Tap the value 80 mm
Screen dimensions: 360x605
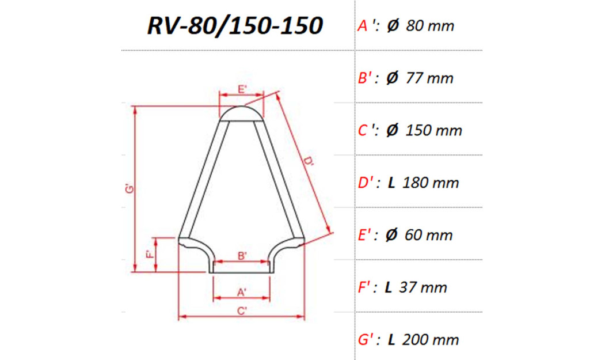(x=429, y=26)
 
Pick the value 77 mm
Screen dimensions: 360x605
(x=429, y=78)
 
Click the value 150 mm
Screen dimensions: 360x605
(x=433, y=131)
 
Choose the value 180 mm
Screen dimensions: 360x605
(x=431, y=183)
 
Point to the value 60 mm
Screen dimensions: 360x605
(x=429, y=235)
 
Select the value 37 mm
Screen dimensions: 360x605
(x=425, y=287)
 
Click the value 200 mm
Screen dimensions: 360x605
(x=431, y=340)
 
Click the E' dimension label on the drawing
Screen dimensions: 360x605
(x=242, y=89)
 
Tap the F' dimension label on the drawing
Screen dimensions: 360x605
(x=149, y=254)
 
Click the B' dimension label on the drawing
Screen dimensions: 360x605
(x=242, y=255)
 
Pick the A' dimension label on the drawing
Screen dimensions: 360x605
(x=242, y=293)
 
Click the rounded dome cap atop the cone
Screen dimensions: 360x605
(x=241, y=113)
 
